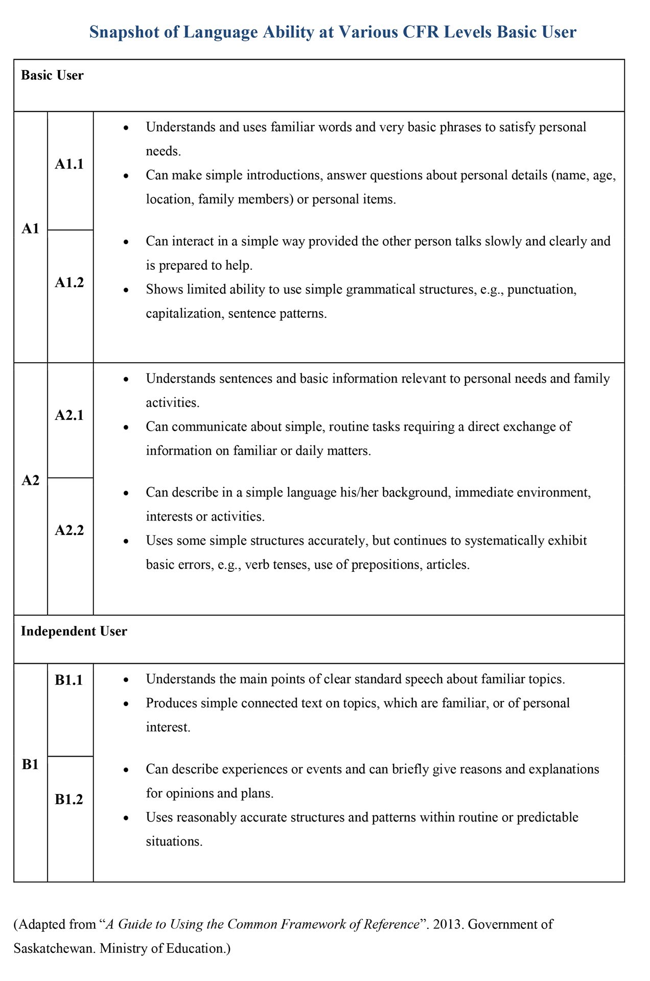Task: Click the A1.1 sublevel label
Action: tap(69, 164)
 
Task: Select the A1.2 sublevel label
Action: tap(69, 282)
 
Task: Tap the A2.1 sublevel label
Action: tap(69, 415)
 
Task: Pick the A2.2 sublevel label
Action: tap(69, 530)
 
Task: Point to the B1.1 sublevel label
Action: tap(68, 680)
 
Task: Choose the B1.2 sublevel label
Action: tap(68, 799)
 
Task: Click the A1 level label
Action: tap(30, 228)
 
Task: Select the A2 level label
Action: tap(30, 480)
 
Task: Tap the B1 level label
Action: tap(30, 764)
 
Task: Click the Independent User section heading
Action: tap(74, 631)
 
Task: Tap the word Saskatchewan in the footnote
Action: tap(54, 948)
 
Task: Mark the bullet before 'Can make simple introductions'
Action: tap(126, 175)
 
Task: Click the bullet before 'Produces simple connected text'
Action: tap(126, 704)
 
